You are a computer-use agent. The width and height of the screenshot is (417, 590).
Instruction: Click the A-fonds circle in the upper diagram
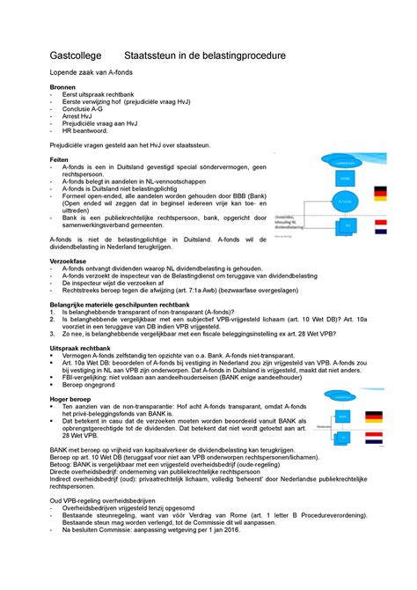(342, 200)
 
